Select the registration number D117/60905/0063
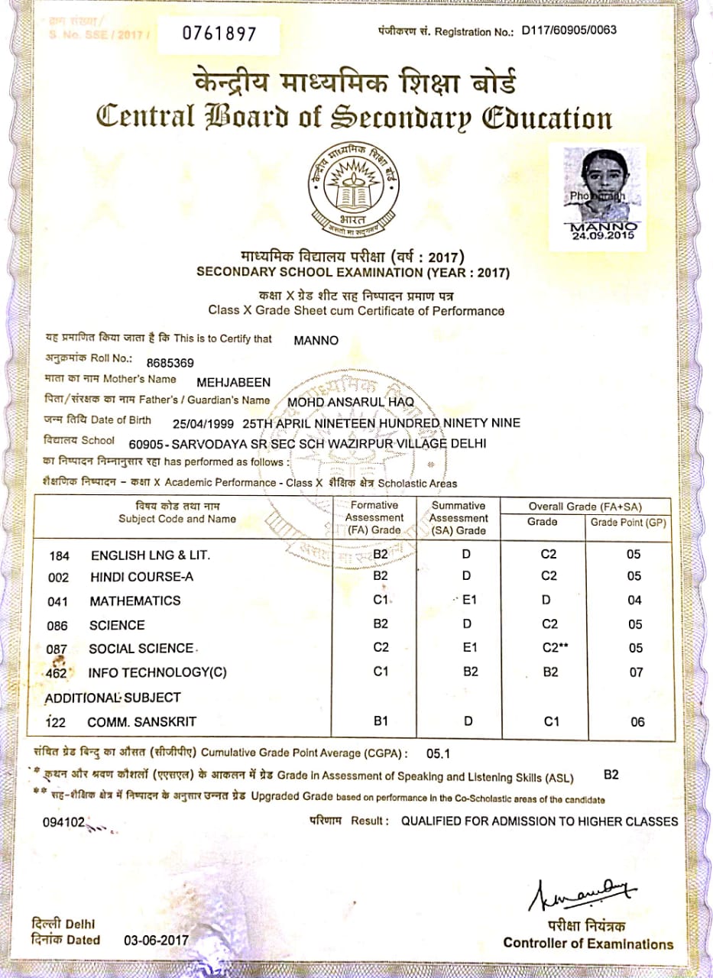pos(569,31)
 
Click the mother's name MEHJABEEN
pos(234,382)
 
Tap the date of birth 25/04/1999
pos(203,423)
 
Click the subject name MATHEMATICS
pos(135,601)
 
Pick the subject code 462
pos(58,673)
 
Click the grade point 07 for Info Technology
pos(635,673)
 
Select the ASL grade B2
pos(611,775)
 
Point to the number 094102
pos(63,823)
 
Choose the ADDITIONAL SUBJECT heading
pos(112,698)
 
